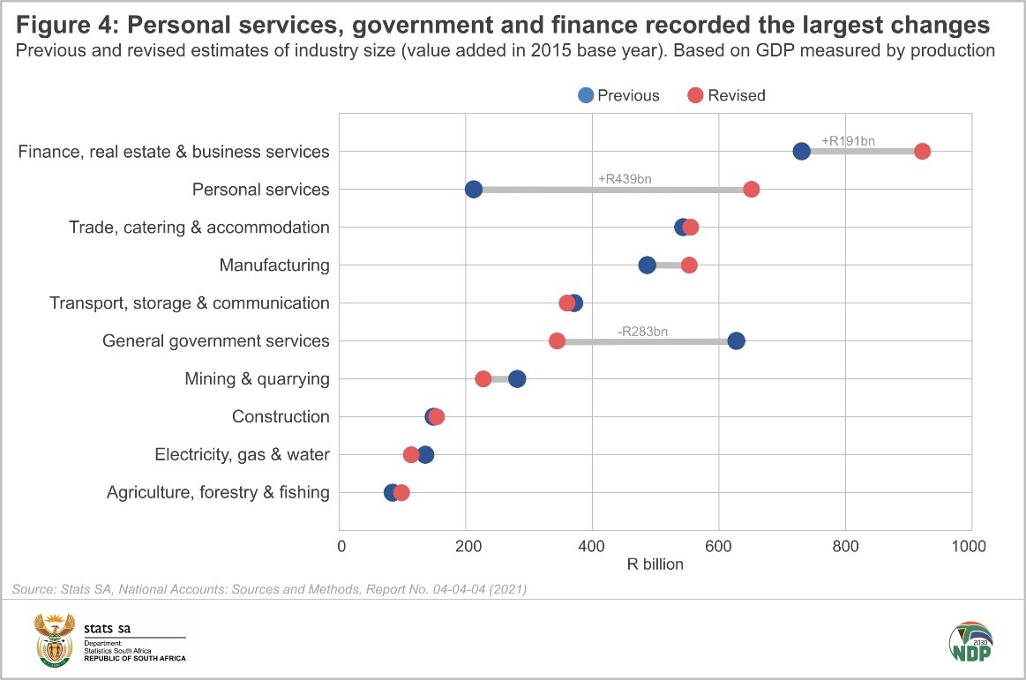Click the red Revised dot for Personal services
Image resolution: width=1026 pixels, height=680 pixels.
coord(751,190)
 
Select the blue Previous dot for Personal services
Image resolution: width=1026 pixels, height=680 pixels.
coord(474,190)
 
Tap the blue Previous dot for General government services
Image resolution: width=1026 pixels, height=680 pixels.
coord(736,341)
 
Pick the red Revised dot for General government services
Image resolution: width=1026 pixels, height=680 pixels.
coord(557,341)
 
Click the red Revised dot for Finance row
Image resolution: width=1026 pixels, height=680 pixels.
coord(922,152)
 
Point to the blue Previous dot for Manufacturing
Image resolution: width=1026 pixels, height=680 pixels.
coord(647,265)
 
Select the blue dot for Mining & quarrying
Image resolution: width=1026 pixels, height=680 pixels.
coord(517,379)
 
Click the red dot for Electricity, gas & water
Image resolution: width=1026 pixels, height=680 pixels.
coord(411,455)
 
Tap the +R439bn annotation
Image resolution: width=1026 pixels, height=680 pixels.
coord(625,179)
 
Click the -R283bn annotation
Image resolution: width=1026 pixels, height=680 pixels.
coord(642,332)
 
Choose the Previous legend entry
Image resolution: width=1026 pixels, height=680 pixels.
coord(618,95)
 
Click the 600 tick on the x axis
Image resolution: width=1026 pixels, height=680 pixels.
coord(719,546)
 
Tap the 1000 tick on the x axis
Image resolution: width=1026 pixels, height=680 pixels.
coord(971,546)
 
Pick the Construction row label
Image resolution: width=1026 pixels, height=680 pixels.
coord(281,417)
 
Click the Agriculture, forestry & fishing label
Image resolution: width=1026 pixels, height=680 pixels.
coord(218,493)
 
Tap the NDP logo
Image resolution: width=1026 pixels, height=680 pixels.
coord(970,642)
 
